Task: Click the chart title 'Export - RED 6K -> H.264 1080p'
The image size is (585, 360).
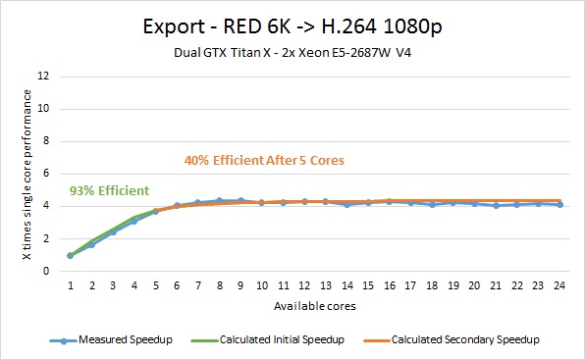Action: pos(292,26)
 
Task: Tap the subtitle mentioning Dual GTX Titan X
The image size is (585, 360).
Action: pos(292,53)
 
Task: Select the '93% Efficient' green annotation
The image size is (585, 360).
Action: pos(109,191)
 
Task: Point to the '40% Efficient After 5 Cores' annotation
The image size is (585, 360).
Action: pos(264,160)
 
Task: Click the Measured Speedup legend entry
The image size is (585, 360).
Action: pos(111,339)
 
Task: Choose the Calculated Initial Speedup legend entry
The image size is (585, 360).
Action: pos(267,339)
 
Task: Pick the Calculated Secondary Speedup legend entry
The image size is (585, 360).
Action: pos(452,339)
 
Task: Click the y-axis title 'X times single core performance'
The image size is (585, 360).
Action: pos(27,175)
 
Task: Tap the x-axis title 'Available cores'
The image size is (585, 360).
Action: pos(315,306)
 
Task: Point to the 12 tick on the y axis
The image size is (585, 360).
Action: pos(43,77)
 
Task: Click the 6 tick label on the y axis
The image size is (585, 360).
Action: pos(46,174)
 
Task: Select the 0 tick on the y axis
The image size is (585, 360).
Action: pos(46,271)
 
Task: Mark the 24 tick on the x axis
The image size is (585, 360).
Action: pos(559,285)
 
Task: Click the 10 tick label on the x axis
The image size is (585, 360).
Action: pos(262,285)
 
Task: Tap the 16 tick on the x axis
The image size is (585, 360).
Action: pos(390,285)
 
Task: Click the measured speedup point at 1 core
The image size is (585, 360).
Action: pos(70,255)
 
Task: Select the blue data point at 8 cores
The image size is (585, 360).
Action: pos(220,201)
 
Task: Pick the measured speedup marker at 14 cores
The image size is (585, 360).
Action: pos(347,204)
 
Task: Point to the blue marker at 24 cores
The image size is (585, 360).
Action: pos(560,205)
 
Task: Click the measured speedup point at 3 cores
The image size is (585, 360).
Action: pos(114,231)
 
